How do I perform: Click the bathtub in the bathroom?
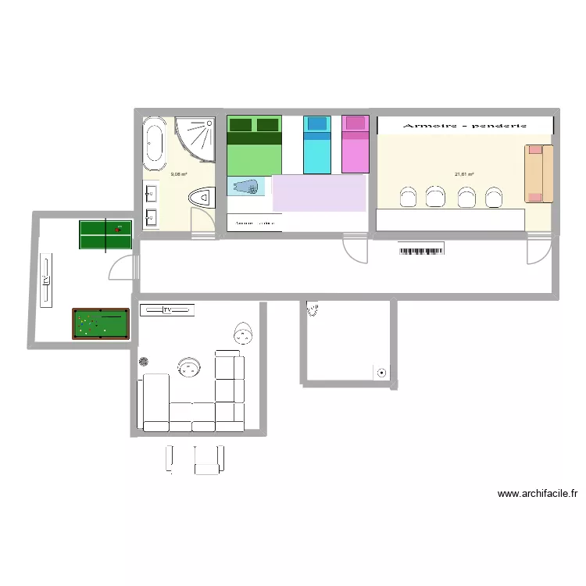[x=154, y=145]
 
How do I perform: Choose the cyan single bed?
[x=317, y=145]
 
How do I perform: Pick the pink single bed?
[x=355, y=145]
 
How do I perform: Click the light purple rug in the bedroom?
[x=319, y=193]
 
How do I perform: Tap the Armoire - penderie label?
[x=464, y=125]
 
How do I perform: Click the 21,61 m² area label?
[x=464, y=175]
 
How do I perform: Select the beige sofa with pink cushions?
[x=538, y=173]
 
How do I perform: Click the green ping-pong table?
[x=105, y=235]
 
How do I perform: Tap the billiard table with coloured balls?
[x=100, y=323]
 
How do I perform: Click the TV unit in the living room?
[x=167, y=310]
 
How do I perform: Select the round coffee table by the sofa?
[x=189, y=366]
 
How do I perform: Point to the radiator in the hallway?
[x=422, y=250]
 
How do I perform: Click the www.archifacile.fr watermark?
[x=537, y=494]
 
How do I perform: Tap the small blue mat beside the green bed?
[x=247, y=186]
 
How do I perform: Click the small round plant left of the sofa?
[x=144, y=361]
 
